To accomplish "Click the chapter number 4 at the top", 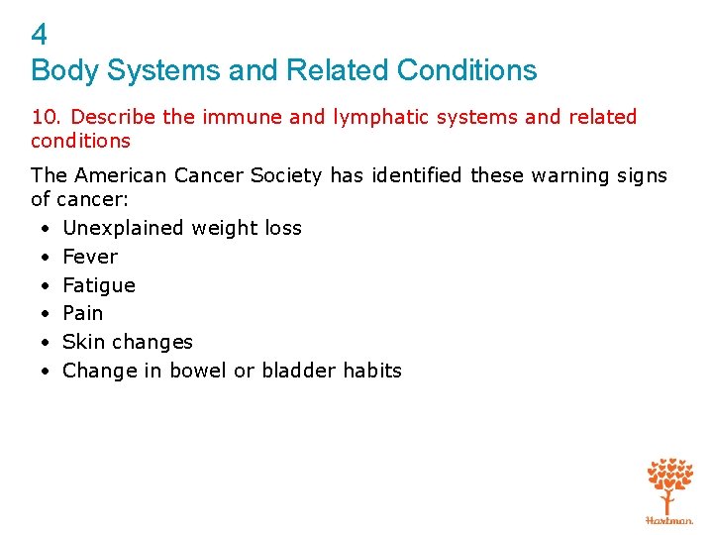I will tap(40, 36).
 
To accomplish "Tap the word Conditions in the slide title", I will tap(466, 70).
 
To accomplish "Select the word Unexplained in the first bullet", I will tap(123, 228).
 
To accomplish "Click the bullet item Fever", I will tap(90, 257).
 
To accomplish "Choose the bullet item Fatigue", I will tap(99, 285).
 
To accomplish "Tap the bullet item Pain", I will tap(83, 313).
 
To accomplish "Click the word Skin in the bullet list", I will tap(82, 342).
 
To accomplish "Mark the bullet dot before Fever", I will tap(47, 258).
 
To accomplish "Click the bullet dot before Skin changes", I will tap(47, 343).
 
